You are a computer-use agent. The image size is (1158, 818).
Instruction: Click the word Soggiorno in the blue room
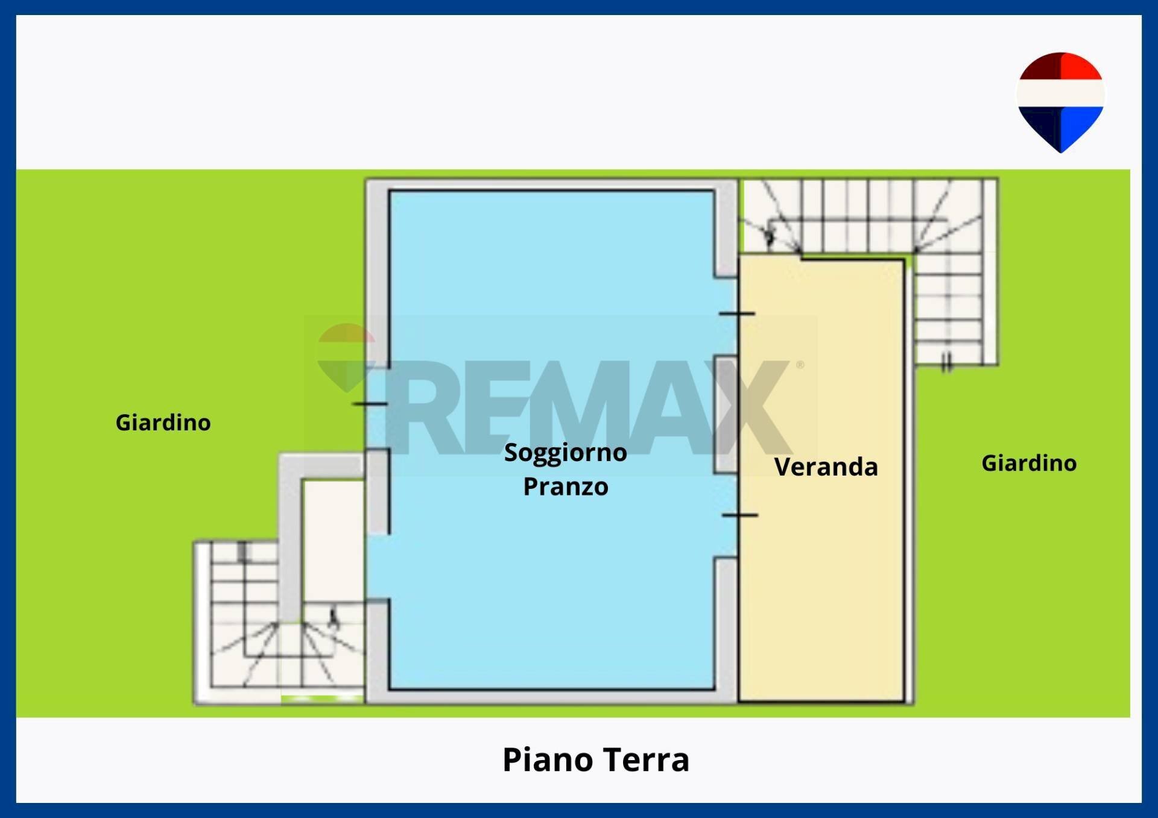565,453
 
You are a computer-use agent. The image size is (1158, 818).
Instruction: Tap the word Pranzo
565,487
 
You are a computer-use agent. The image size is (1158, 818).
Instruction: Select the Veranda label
826,467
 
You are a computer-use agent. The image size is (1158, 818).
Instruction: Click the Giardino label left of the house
163,423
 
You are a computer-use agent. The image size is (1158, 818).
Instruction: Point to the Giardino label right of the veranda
1028,463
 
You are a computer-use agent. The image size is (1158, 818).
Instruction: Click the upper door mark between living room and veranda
737,314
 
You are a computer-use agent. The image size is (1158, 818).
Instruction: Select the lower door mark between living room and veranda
739,515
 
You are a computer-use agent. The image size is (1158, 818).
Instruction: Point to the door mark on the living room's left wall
369,403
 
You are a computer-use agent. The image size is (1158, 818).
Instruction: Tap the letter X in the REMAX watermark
751,407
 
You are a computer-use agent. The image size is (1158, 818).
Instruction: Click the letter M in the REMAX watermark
582,407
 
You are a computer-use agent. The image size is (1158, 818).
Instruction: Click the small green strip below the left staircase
322,699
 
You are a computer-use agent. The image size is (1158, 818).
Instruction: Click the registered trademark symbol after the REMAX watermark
800,365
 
